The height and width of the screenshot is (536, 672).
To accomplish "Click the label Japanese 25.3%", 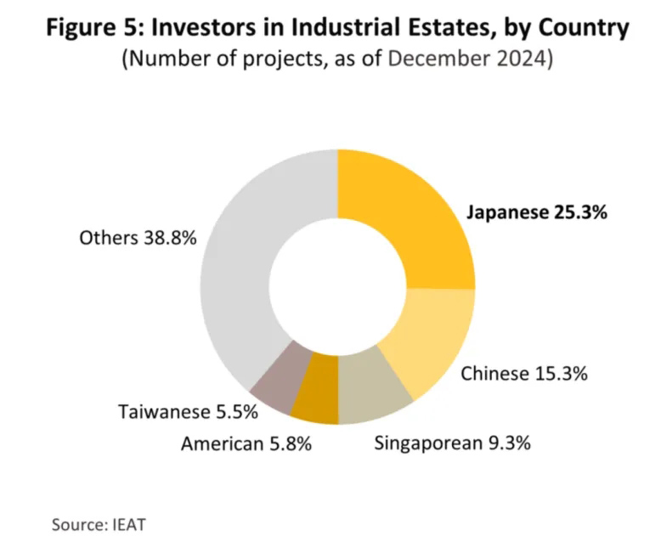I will tap(537, 212).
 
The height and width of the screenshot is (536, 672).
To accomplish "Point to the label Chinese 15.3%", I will tap(523, 373).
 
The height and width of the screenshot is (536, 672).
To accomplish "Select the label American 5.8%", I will tap(246, 443).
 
